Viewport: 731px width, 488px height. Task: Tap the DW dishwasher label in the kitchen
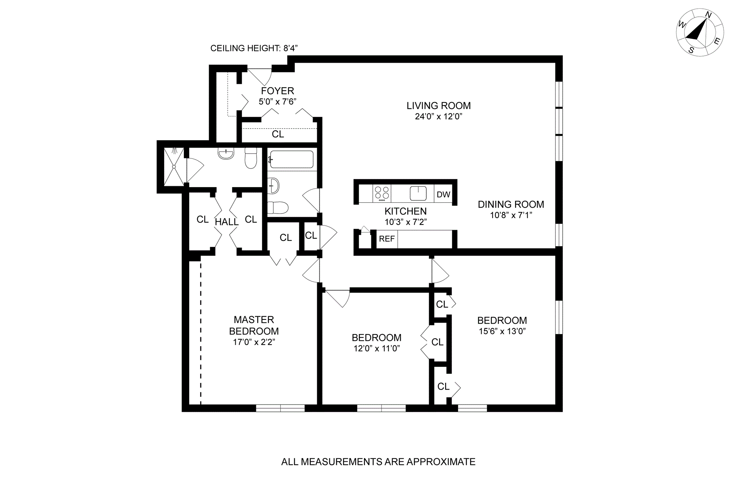tap(443, 194)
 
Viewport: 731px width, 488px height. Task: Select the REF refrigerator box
tap(387, 239)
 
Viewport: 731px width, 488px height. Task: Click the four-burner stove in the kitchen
tap(382, 193)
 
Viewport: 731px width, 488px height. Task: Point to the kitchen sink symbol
tap(418, 193)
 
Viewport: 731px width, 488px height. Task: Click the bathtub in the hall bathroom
tap(291, 159)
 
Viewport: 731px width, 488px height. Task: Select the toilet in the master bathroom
tap(251, 158)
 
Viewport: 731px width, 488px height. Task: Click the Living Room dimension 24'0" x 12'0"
tap(438, 116)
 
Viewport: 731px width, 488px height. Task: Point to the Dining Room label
tap(511, 204)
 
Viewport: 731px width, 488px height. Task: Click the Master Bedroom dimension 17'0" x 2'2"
tap(254, 342)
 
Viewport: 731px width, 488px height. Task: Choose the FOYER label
tap(278, 91)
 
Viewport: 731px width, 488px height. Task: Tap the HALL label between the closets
tap(227, 222)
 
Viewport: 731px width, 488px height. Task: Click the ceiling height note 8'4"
tap(254, 48)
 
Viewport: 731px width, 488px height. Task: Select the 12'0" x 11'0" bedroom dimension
tap(376, 348)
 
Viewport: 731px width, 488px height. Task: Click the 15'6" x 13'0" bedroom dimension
tap(502, 331)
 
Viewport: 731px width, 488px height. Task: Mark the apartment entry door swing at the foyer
tap(260, 76)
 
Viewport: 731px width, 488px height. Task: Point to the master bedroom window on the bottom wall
tap(280, 408)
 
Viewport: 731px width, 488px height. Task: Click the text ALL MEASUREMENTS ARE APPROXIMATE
tap(378, 462)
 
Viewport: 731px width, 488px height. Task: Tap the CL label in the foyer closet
tap(278, 134)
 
